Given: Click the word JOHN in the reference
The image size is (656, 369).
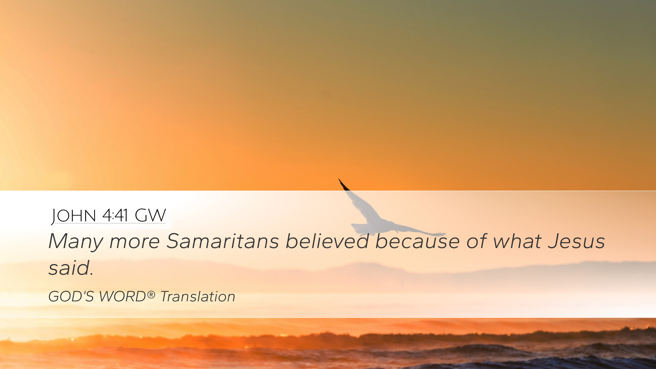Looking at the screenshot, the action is tap(74, 216).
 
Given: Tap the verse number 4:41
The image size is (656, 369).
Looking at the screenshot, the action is tap(115, 216).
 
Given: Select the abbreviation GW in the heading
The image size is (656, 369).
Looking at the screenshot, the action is tap(150, 216).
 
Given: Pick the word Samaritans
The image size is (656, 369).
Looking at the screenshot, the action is tap(222, 241).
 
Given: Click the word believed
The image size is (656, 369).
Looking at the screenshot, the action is tap(327, 241).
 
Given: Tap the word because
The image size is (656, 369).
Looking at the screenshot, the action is tap(418, 241).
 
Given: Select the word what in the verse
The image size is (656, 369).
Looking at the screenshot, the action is tap(517, 241).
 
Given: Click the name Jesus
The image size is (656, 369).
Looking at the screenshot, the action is tap(576, 241).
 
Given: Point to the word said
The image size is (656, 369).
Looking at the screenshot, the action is tap(71, 268).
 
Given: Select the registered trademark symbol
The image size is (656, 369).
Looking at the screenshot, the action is tap(151, 295).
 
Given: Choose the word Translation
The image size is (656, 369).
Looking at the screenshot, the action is tap(198, 297).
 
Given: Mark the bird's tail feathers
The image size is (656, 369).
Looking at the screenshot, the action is tap(358, 229).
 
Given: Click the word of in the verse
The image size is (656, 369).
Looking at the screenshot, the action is tap(476, 241).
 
